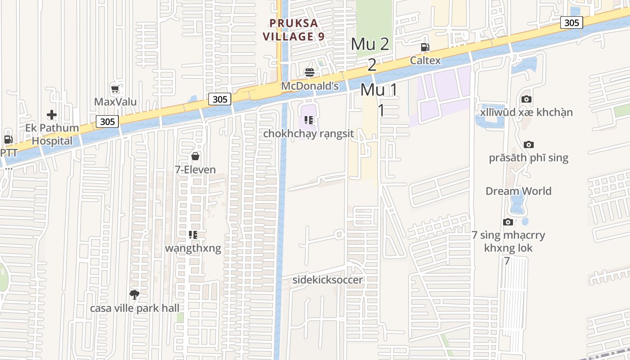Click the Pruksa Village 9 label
pos(294,30)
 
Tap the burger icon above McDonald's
pos(309,72)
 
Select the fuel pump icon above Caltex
pos(425,47)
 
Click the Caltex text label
pos(425,60)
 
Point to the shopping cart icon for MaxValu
pos(115,89)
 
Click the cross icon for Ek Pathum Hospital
pos(52,115)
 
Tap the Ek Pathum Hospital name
pos(52,134)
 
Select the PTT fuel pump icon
pos(8,139)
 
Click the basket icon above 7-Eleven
pos(195,156)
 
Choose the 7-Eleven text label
pos(195,170)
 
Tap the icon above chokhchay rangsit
pos(309,120)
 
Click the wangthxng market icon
pos(193,234)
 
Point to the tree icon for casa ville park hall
pos(134,295)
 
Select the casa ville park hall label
pos(135,308)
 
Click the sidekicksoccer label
pos(328,280)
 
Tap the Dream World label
pos(518,191)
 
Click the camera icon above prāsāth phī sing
pos(529,144)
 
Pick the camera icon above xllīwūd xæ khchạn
pos(526,99)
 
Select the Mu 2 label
pos(370,44)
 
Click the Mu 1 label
pos(379,90)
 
